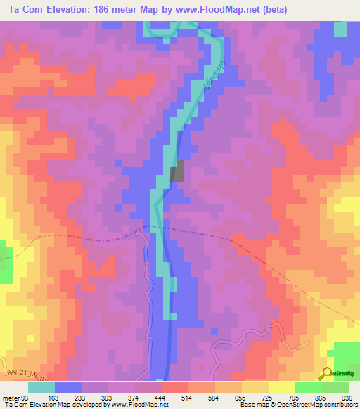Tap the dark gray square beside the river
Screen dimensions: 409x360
tap(178, 172)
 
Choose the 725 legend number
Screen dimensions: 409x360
tap(268, 397)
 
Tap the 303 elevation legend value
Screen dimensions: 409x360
tap(108, 397)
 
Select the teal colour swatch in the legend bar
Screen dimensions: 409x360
tap(41, 387)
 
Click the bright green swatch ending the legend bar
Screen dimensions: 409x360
tap(335, 387)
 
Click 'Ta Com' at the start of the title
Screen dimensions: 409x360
tap(24, 9)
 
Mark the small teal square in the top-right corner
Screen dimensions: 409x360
tap(340, 28)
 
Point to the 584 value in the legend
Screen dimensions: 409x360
tap(214, 397)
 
